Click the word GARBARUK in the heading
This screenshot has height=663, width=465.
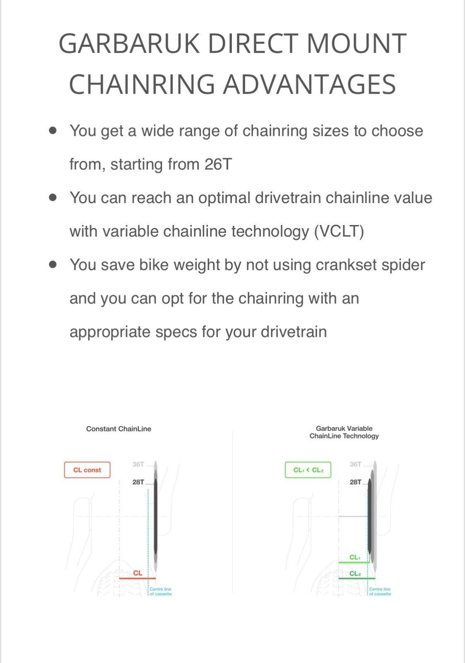point(130,44)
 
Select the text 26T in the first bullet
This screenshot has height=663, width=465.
point(218,165)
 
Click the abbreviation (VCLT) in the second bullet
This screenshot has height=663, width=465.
point(339,231)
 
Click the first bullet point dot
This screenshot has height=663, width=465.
point(53,131)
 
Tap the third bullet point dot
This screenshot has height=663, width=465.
point(53,264)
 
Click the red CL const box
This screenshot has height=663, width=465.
point(87,470)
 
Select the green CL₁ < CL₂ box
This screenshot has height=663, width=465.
point(308,470)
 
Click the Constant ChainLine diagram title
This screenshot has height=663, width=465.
point(118,429)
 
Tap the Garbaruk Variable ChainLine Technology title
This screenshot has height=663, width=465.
point(344,432)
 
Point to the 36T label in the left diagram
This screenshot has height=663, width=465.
point(138,464)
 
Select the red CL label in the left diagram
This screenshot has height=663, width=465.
point(138,573)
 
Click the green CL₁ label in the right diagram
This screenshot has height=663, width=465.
point(355,557)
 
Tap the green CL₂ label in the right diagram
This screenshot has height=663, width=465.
point(355,573)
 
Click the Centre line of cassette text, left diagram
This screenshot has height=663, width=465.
point(160,591)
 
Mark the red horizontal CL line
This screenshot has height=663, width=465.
point(137,578)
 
